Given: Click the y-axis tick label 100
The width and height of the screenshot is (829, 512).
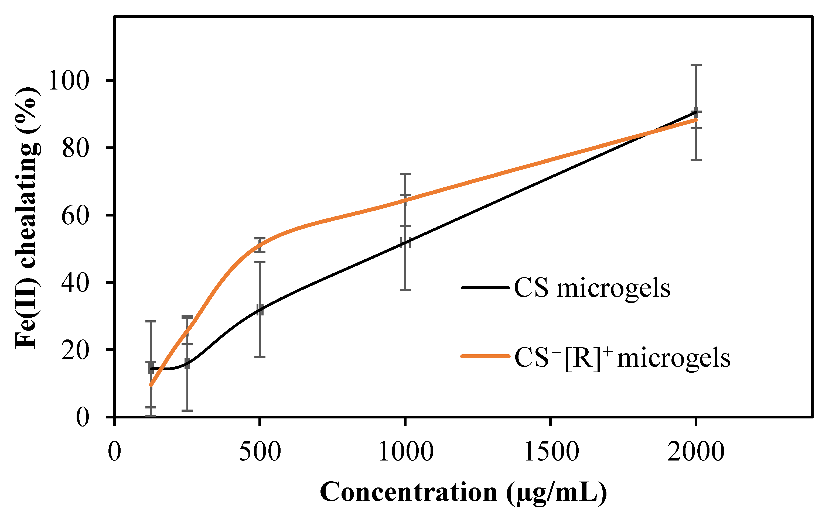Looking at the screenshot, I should (x=69, y=80).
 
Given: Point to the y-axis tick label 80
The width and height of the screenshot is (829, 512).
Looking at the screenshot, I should (x=76, y=148).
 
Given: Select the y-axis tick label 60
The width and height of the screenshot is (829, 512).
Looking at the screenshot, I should (x=76, y=215).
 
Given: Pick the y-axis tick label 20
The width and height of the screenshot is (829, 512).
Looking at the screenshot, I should (x=76, y=350).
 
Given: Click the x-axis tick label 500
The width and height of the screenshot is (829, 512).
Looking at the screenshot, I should (x=260, y=452).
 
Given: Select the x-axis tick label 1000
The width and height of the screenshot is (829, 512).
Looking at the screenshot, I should (x=405, y=452).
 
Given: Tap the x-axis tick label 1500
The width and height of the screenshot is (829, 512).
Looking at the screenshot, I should (x=551, y=452).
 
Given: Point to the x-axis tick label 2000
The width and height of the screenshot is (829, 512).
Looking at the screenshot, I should (x=696, y=452).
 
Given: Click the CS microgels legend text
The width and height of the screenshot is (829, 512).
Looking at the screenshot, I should (x=592, y=288).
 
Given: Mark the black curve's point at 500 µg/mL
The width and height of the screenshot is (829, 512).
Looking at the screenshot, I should (x=260, y=310).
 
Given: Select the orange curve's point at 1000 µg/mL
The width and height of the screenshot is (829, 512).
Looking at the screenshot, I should (x=405, y=200).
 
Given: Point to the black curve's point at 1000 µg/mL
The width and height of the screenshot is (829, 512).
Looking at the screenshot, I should (x=405, y=242).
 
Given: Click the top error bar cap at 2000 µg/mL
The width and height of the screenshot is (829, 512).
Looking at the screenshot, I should (x=696, y=65).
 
